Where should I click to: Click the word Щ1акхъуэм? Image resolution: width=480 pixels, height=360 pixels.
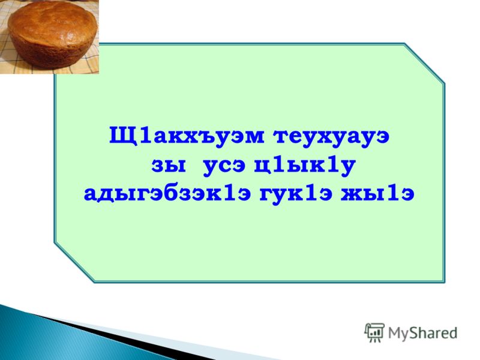187,136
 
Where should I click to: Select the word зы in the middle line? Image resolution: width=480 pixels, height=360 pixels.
169,166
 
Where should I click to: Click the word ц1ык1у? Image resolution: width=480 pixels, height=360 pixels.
305,166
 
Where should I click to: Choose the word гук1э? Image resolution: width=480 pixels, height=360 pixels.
296,194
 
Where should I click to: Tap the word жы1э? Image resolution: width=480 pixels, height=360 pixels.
378,193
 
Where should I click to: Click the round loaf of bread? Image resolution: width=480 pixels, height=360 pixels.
53,34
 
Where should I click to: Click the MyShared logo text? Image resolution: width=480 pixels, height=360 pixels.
423,333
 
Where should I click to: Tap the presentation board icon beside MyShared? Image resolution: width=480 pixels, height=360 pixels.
374,332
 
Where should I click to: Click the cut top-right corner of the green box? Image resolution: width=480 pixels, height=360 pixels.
424,63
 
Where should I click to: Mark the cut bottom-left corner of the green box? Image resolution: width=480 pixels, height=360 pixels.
74,262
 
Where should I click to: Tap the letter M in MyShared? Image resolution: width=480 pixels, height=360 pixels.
394,333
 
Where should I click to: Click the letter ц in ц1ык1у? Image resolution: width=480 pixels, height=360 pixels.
263,167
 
